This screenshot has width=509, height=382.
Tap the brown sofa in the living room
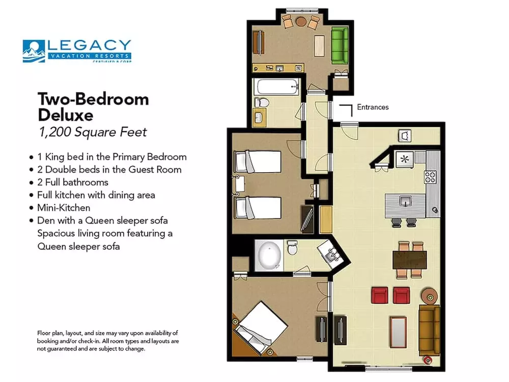click(429, 331)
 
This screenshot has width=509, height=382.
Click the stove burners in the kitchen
click(430, 176)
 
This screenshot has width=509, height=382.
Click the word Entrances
click(373, 107)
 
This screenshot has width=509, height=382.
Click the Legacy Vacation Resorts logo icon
click(34, 51)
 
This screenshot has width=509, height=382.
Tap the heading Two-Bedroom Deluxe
click(93, 106)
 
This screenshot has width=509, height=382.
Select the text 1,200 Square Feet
click(93, 132)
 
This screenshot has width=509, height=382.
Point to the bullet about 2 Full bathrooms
click(72, 182)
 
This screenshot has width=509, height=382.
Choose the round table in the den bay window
click(301, 21)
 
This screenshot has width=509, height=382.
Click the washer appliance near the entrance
click(406, 135)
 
